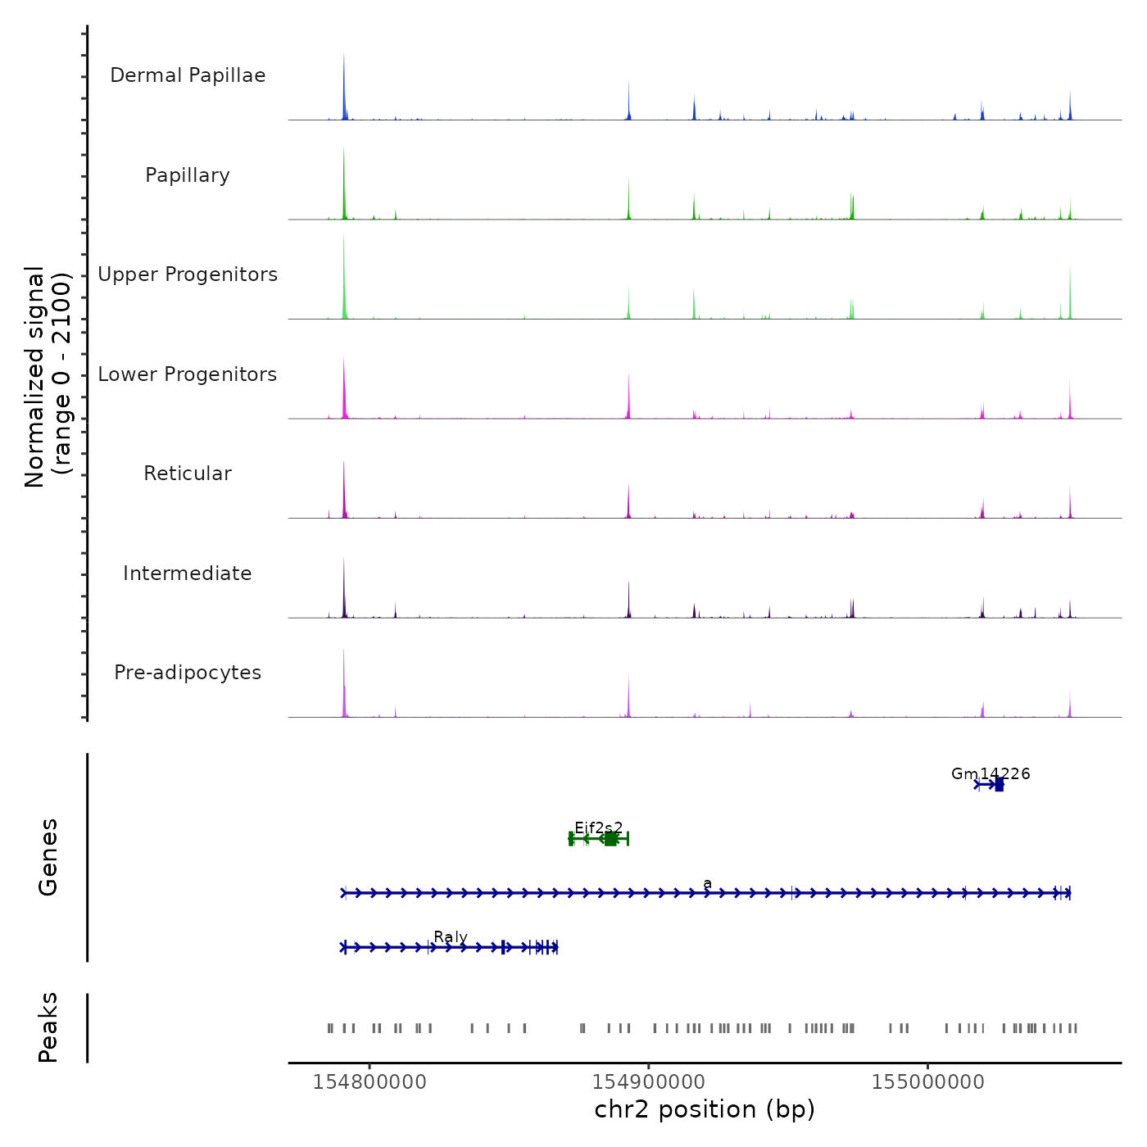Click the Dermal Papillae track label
188,75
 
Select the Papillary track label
188,175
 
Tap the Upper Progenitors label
188,274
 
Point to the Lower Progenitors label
188,374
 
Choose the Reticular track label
188,474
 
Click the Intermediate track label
188,573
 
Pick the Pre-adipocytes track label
188,673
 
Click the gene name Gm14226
991,773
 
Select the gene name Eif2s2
598,827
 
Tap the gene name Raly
451,936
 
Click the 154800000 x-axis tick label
369,1082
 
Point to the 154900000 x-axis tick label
649,1082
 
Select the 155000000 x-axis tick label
928,1082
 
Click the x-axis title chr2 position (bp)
705,1109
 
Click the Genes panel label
48,857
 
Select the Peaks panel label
48,1027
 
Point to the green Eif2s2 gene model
599,839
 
